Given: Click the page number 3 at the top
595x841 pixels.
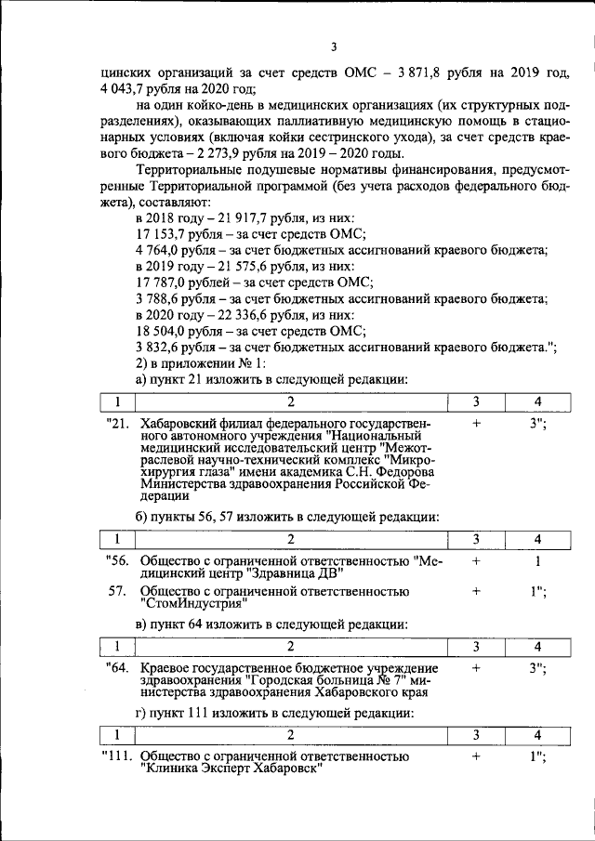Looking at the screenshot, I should pos(332,47).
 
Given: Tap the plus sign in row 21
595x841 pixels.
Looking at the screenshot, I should pos(475,424).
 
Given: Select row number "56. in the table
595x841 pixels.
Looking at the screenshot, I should pos(117,561).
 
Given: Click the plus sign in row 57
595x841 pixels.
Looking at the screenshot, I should pos(475,591).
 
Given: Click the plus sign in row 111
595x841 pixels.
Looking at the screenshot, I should pos(475,757).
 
